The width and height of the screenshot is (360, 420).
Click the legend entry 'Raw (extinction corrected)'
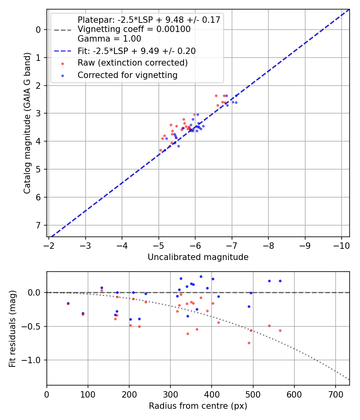(x=132, y=63)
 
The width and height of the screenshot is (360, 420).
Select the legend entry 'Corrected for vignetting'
(x=127, y=75)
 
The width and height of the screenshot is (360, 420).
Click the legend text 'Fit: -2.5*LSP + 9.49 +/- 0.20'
(x=136, y=51)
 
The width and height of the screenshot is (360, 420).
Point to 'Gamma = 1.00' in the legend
(x=109, y=39)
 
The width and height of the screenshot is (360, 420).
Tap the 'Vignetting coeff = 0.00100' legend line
(x=134, y=29)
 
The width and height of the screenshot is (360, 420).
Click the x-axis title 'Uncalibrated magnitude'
(x=198, y=257)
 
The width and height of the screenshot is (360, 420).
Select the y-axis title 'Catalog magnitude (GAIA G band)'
(x=27, y=123)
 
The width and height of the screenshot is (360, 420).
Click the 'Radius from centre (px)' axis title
(x=198, y=406)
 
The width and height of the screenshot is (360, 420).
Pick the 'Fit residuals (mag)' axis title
(x=13, y=328)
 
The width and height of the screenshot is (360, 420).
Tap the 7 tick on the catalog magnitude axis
(x=39, y=225)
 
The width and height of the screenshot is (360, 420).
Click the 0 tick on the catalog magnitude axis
(x=39, y=30)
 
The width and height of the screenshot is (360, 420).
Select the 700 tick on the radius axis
(x=336, y=393)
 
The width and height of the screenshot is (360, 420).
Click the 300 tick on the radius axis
(x=170, y=393)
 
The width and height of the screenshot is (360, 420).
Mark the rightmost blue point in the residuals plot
(x=280, y=281)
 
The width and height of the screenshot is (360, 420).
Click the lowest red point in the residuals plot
(x=249, y=343)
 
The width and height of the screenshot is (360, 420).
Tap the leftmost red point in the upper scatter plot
(x=160, y=150)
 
